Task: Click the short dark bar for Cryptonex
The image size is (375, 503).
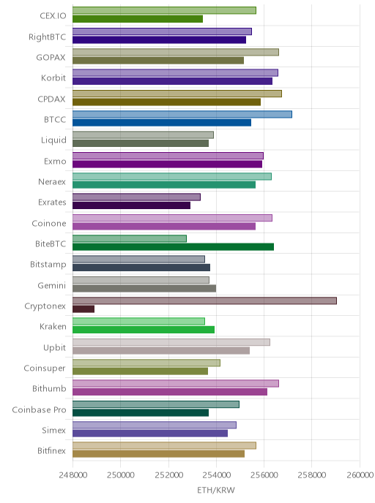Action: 83,309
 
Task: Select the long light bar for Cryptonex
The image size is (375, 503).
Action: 204,300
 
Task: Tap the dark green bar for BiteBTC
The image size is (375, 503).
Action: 173,246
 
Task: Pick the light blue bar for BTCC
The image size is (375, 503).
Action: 182,114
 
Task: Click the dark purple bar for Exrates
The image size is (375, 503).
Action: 131,205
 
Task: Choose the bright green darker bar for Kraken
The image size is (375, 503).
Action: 144,330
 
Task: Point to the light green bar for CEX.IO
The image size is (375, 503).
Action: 164,10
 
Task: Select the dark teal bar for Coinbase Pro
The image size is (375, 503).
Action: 141,412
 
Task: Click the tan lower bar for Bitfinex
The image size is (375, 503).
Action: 158,453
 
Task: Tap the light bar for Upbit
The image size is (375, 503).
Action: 171,342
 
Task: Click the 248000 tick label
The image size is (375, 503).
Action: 73,475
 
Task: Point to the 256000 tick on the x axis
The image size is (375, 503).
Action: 264,475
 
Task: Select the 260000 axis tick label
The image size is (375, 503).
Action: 360,475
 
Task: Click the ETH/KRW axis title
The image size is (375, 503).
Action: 216,490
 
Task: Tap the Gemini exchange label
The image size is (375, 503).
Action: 52,285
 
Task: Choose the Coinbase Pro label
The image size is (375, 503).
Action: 39,409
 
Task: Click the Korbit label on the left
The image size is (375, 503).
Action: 53,78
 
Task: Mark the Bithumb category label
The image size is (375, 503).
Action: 49,388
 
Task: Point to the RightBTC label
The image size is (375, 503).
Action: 47,37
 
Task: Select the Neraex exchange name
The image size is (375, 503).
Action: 52,182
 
